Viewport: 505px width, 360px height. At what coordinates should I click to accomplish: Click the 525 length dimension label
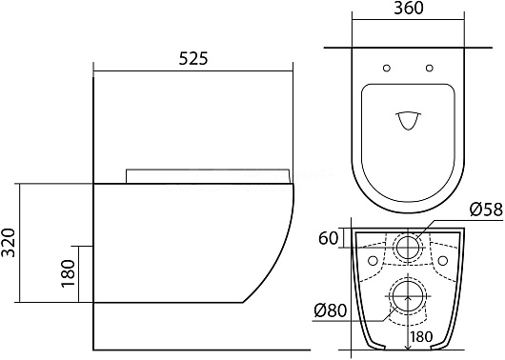[193, 58]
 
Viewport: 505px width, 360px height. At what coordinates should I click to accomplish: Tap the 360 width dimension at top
[409, 9]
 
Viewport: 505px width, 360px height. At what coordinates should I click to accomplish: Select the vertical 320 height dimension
[9, 243]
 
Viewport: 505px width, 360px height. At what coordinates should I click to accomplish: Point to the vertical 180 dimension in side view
[68, 273]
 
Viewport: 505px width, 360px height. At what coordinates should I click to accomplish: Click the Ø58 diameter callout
[486, 210]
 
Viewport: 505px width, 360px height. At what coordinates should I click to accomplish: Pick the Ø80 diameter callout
[331, 310]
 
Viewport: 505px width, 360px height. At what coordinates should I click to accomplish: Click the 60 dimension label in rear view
[329, 239]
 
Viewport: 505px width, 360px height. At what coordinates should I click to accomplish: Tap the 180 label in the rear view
[421, 337]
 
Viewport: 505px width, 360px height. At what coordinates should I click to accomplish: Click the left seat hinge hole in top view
[387, 68]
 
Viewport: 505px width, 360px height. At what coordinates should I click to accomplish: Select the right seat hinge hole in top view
[430, 68]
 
